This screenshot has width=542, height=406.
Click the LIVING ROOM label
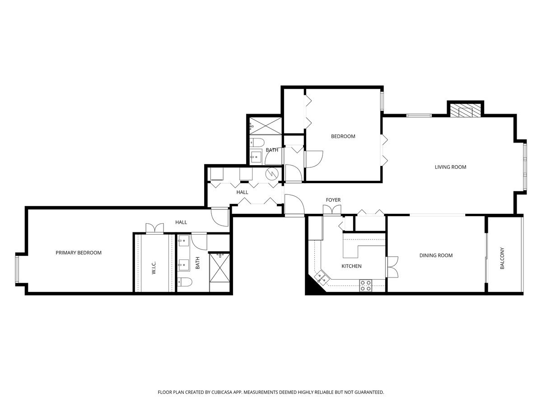click(450, 167)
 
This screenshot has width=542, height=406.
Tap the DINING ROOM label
click(436, 255)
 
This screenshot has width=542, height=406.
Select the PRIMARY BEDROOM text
click(79, 253)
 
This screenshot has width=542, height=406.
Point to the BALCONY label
click(502, 258)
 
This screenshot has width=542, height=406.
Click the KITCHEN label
click(351, 266)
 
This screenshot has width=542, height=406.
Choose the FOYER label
click(333, 200)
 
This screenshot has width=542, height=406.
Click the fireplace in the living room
click(465, 111)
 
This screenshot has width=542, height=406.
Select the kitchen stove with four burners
click(366, 286)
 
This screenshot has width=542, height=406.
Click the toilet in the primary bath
click(185, 282)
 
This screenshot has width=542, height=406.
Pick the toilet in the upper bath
click(257, 143)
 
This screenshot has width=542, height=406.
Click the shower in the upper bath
click(265, 125)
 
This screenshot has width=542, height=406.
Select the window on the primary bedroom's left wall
click(17, 270)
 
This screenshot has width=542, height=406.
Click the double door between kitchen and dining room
click(392, 267)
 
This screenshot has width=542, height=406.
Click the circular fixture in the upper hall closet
click(272, 173)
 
